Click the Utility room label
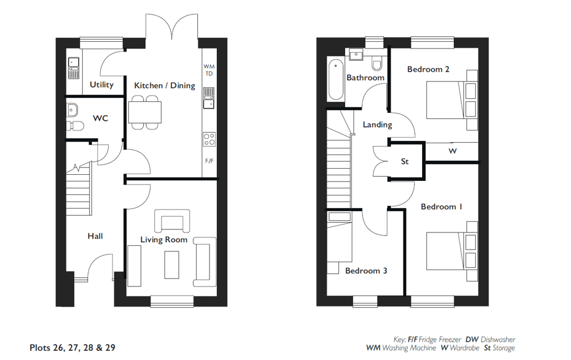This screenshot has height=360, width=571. (x=101, y=85)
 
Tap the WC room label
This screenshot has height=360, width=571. (x=100, y=118)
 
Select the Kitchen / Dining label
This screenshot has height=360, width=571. (x=165, y=86)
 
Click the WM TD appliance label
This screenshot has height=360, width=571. (x=209, y=70)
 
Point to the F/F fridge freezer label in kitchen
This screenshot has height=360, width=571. (x=210, y=161)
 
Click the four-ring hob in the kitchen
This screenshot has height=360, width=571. (x=209, y=140)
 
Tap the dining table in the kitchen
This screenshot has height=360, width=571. (x=145, y=112)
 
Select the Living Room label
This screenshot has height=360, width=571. (x=164, y=240)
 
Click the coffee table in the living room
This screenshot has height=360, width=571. (x=171, y=265)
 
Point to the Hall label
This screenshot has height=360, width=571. (x=95, y=236)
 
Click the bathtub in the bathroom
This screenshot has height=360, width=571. (x=336, y=80)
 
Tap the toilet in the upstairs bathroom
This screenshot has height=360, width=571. (x=377, y=63)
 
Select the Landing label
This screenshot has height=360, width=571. (x=377, y=124)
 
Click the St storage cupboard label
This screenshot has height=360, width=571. (x=405, y=161)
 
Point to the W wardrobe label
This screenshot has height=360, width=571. (x=453, y=151)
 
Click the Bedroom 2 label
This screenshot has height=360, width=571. (x=428, y=69)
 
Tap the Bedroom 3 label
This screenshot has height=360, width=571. (x=366, y=271)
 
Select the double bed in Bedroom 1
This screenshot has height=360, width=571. (x=452, y=251)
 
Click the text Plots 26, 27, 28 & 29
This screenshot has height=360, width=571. (x=72, y=348)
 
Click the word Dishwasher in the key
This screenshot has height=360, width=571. (x=498, y=339)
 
